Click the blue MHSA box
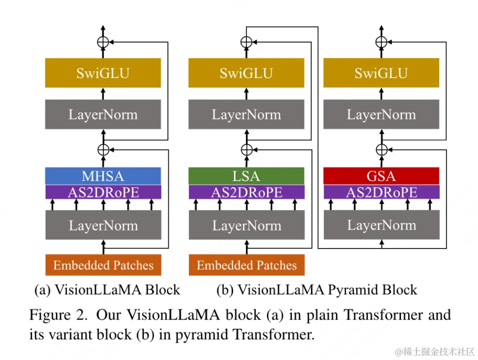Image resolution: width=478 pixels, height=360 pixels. (x=103, y=176)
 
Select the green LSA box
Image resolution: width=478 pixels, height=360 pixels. (x=246, y=176)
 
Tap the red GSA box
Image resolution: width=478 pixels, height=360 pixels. (x=381, y=176)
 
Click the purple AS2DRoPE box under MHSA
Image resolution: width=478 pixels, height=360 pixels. (x=103, y=192)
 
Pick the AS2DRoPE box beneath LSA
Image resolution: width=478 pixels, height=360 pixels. (x=246, y=192)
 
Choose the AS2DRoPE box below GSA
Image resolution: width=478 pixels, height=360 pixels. (x=381, y=192)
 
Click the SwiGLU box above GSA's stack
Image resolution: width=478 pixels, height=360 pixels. (x=381, y=73)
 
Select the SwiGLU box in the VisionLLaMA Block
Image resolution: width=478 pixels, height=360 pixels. (x=103, y=73)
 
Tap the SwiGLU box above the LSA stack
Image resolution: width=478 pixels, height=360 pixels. (x=246, y=73)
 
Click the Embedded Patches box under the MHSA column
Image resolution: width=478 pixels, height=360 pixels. (x=103, y=265)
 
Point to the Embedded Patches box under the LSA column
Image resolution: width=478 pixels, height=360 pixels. (x=246, y=265)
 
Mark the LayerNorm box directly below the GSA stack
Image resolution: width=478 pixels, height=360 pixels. (x=381, y=225)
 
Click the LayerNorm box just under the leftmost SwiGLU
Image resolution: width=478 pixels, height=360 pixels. (x=103, y=114)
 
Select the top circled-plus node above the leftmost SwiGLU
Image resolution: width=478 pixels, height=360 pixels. (x=103, y=42)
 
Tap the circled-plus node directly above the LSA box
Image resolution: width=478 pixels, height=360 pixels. (x=246, y=149)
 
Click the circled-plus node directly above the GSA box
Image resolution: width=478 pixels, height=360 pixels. (x=381, y=149)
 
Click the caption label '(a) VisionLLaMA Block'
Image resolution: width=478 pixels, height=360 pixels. (x=107, y=289)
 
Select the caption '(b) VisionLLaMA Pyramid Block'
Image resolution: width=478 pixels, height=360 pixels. (x=316, y=289)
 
